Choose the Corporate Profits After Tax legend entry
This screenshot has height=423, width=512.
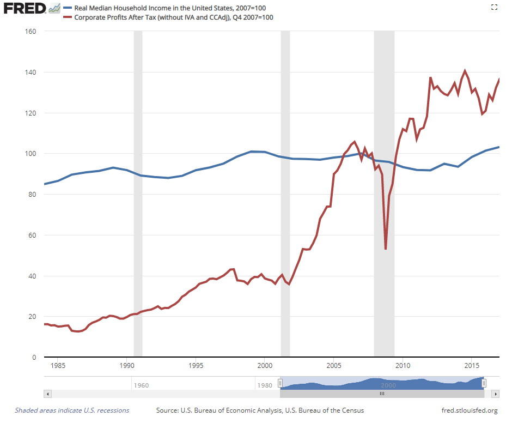pyautogui.click(x=168, y=17)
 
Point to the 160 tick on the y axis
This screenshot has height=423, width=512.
pyautogui.click(x=30, y=31)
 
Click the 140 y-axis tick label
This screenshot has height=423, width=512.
pyautogui.click(x=30, y=72)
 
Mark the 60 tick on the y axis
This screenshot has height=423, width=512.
pyautogui.click(x=32, y=235)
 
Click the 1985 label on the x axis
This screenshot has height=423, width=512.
pyautogui.click(x=58, y=366)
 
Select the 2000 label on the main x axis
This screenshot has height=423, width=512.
pyautogui.click(x=265, y=366)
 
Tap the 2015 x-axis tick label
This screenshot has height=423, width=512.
pyautogui.click(x=472, y=366)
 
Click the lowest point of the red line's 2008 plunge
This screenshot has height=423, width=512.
pyautogui.click(x=386, y=249)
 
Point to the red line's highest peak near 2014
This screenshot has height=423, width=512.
pyautogui.click(x=465, y=71)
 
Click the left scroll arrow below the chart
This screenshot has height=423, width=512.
pyautogui.click(x=48, y=394)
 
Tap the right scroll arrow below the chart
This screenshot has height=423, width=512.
pyautogui.click(x=495, y=394)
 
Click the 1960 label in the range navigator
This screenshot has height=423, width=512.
pyautogui.click(x=141, y=385)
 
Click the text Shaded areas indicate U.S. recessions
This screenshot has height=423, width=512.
pyautogui.click(x=72, y=410)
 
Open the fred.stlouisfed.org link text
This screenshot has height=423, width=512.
pyautogui.click(x=470, y=410)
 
